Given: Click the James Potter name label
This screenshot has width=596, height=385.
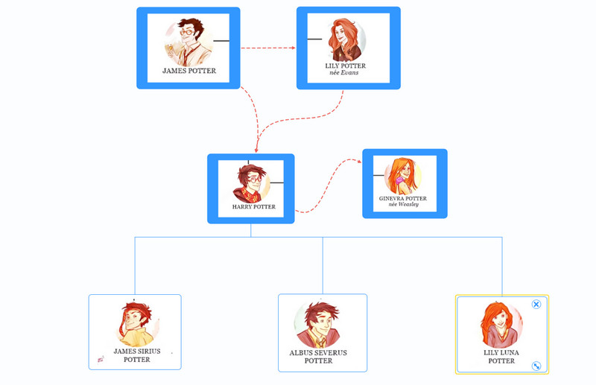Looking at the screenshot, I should tap(189, 71).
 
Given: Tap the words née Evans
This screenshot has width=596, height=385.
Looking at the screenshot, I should tap(344, 73).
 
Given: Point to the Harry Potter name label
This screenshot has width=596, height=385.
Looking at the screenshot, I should tap(253, 207).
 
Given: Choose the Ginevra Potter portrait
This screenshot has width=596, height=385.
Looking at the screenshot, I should tap(402, 176).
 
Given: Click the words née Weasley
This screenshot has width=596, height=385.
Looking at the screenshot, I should tap(403, 205).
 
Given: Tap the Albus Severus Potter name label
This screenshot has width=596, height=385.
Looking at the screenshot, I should tap(318, 357).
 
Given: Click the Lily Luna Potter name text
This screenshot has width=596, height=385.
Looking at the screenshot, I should tap(501, 357).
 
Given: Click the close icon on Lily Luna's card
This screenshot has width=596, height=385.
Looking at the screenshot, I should tap(536, 304).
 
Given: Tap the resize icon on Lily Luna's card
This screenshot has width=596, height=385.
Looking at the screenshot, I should tap(536, 366).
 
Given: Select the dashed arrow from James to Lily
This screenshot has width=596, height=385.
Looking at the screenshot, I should tap(268, 48).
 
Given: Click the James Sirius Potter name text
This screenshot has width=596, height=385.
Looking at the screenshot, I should tap(136, 355).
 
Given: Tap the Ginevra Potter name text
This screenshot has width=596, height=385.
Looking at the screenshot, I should tap(403, 199).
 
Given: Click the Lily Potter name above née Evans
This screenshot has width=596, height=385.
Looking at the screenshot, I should tap(346, 66).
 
